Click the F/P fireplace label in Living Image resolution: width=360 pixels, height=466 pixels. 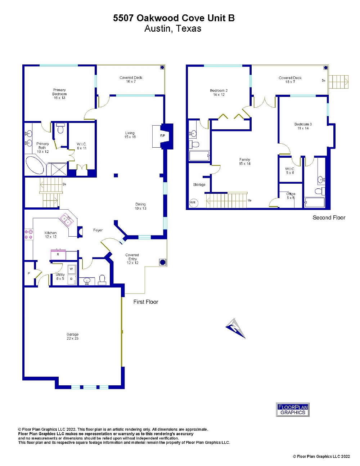pyautogui.click(x=162, y=136)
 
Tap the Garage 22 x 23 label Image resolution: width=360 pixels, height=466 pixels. pyautogui.click(x=72, y=336)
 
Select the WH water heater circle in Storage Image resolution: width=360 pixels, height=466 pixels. pyautogui.click(x=193, y=202)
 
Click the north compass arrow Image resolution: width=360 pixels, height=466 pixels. pyautogui.click(x=236, y=328)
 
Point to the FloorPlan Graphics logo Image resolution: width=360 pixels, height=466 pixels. pyautogui.click(x=293, y=410)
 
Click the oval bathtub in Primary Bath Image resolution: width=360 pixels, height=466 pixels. pyautogui.click(x=35, y=165)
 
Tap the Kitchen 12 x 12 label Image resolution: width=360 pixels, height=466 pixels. pyautogui.click(x=50, y=235)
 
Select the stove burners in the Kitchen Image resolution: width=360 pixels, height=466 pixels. pyautogui.click(x=28, y=234)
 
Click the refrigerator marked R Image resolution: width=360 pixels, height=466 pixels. pyautogui.click(x=58, y=255)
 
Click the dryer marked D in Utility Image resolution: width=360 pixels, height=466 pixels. pyautogui.click(x=71, y=279)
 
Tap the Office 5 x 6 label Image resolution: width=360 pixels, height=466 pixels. pyautogui.click(x=291, y=196)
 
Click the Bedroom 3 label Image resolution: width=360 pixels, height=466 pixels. pyautogui.click(x=303, y=126)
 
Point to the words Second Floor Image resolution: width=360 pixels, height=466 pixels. pyautogui.click(x=329, y=218)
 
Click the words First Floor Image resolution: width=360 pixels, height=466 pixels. pyautogui.click(x=145, y=302)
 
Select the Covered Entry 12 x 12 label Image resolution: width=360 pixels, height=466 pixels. pyautogui.click(x=132, y=259)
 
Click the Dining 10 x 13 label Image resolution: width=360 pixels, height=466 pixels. pyautogui.click(x=140, y=206)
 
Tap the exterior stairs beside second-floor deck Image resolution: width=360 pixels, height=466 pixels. pyautogui.click(x=338, y=82)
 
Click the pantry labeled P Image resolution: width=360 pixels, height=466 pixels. pyautogui.click(x=29, y=274)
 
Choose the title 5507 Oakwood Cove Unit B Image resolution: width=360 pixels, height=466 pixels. pyautogui.click(x=174, y=18)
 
